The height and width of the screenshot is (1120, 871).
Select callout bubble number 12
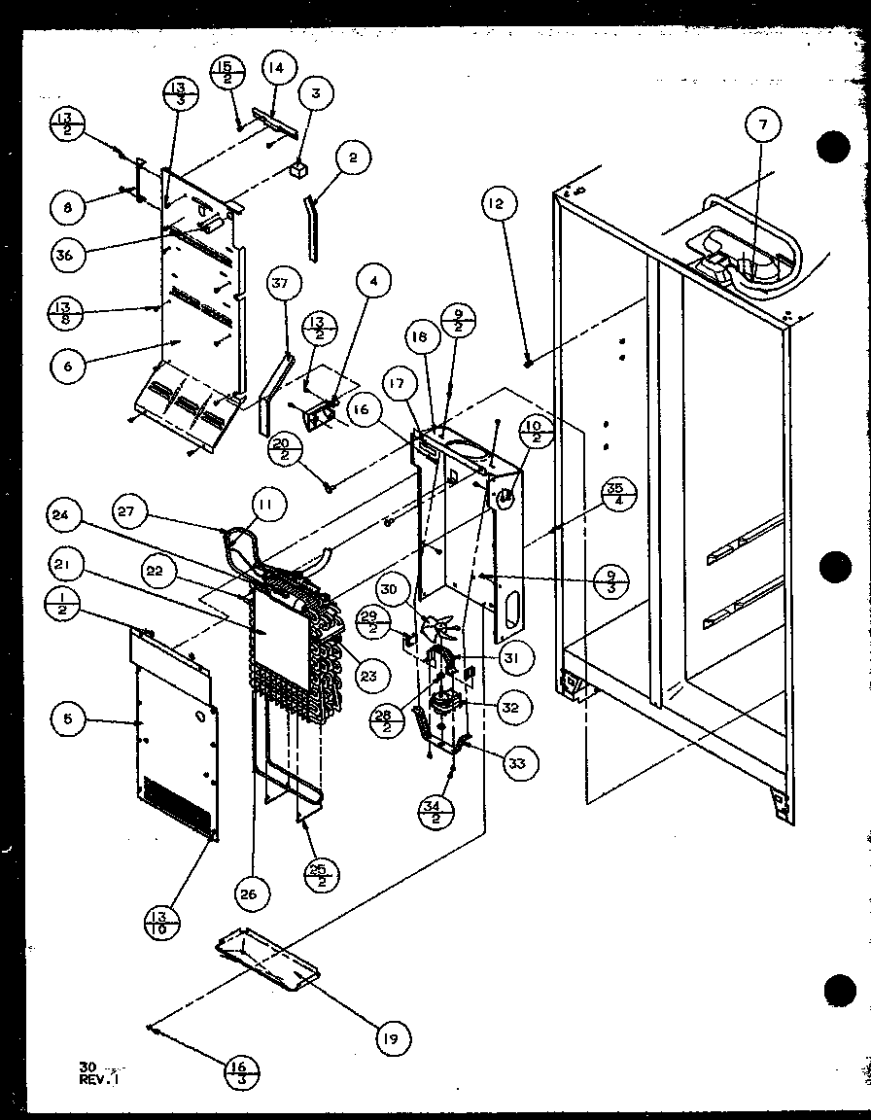click(498, 204)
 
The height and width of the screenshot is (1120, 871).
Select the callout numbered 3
click(316, 94)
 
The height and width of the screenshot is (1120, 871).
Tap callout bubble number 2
click(354, 157)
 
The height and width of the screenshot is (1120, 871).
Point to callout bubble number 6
click(70, 366)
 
